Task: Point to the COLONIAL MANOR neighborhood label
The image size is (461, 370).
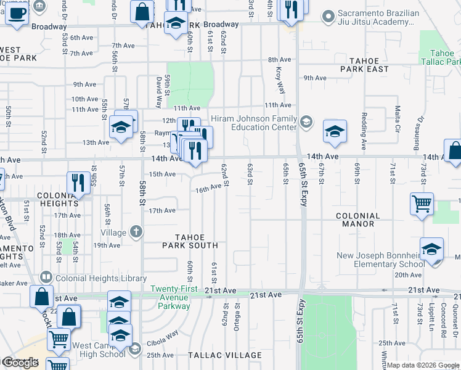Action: (364, 220)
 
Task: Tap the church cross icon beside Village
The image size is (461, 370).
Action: (136, 232)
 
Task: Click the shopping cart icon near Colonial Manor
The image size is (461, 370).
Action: (422, 204)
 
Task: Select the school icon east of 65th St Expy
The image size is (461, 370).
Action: (335, 131)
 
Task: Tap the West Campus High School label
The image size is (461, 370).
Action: (98, 350)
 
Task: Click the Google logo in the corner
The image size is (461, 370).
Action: (21, 363)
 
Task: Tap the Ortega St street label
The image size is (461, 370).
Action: (237, 321)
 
